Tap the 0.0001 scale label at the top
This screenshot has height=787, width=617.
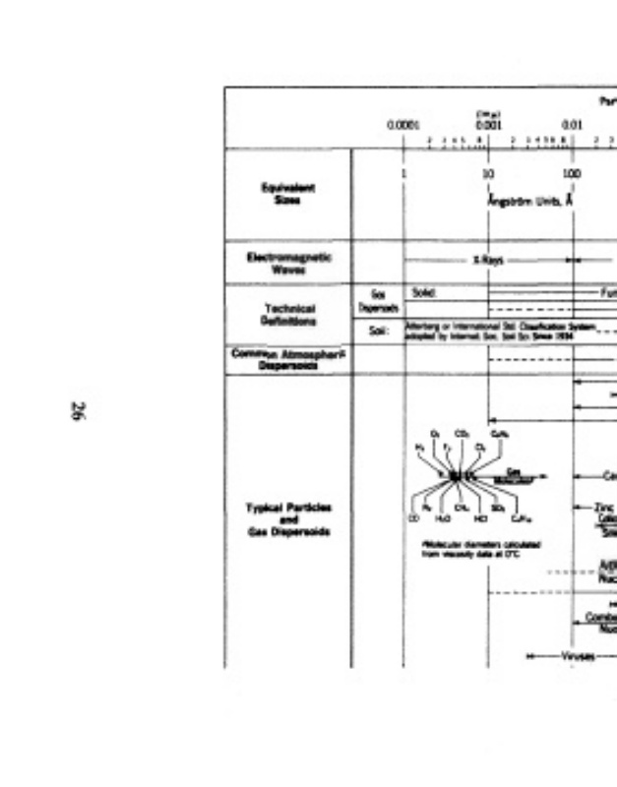tap(403, 125)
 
